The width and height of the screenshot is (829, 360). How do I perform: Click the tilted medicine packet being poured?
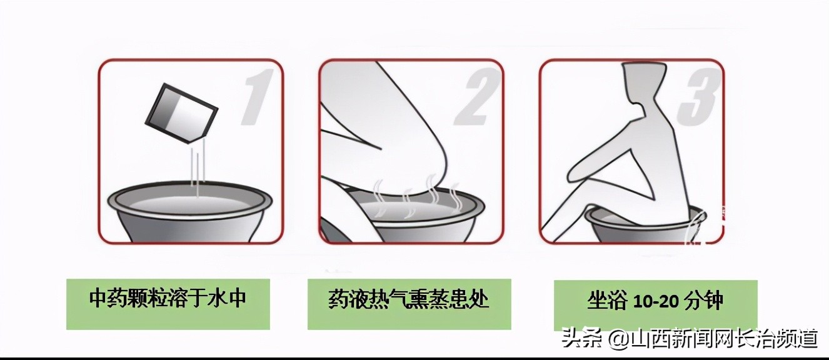181,112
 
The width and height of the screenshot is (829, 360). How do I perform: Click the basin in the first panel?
191,216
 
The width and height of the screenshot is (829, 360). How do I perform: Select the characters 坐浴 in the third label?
607,301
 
